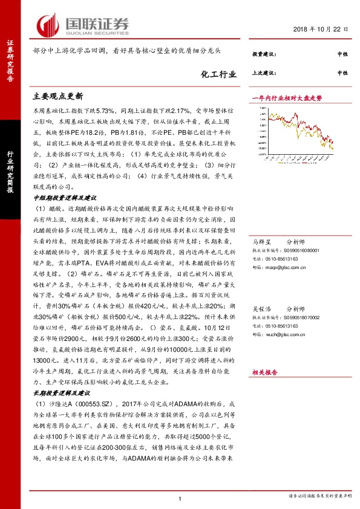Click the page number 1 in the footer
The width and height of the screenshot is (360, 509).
(x=180, y=498)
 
